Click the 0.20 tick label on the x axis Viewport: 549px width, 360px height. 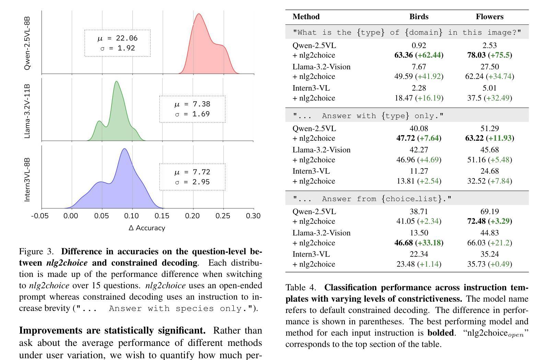click(x=192, y=216)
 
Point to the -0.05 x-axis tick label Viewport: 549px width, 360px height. click(x=40, y=216)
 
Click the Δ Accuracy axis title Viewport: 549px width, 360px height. click(x=147, y=228)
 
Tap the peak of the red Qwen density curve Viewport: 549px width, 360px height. click(x=199, y=14)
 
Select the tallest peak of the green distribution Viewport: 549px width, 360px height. click(x=117, y=82)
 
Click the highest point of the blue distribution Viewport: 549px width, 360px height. click(x=125, y=149)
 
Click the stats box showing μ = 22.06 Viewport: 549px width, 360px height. click(x=117, y=43)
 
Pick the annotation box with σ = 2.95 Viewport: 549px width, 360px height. click(x=192, y=177)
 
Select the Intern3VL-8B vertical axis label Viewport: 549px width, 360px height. click(x=27, y=179)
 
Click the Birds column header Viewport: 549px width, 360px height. click(x=419, y=17)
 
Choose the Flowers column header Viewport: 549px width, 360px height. click(x=489, y=17)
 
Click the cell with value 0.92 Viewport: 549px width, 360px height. click(x=419, y=45)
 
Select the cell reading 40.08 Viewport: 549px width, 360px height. click(x=419, y=128)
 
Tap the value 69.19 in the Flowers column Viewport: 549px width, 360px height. click(x=489, y=211)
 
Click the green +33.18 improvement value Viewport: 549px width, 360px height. click(x=429, y=243)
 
